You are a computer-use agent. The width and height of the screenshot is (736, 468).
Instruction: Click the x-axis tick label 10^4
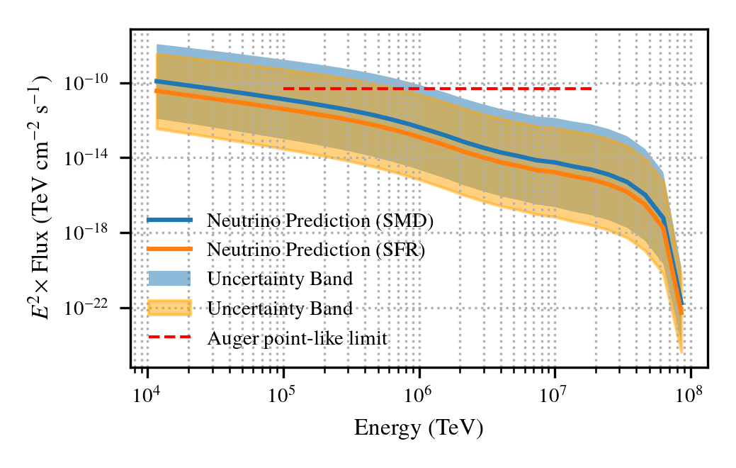(x=147, y=392)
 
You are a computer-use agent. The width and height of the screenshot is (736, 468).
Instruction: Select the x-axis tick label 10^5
(x=283, y=392)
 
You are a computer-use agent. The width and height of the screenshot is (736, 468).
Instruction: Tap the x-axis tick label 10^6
(x=419, y=392)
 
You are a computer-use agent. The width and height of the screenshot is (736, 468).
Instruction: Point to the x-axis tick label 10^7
(x=555, y=392)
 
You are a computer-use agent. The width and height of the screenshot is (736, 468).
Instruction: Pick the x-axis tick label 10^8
(x=691, y=392)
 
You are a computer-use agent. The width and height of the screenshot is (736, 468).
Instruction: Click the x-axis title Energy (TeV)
(x=419, y=428)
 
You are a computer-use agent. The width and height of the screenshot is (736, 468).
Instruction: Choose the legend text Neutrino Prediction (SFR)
(x=316, y=250)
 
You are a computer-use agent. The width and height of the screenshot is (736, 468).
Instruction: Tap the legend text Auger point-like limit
(x=298, y=338)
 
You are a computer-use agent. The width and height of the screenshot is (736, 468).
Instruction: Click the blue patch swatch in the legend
(x=169, y=279)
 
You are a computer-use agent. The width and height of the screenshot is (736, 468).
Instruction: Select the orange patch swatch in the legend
(x=169, y=308)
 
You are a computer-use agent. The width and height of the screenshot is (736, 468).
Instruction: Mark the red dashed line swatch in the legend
(x=169, y=338)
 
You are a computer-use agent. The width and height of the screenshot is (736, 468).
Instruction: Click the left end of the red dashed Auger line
(x=283, y=89)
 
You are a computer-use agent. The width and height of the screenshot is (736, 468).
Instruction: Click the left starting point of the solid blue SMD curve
(x=157, y=81)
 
